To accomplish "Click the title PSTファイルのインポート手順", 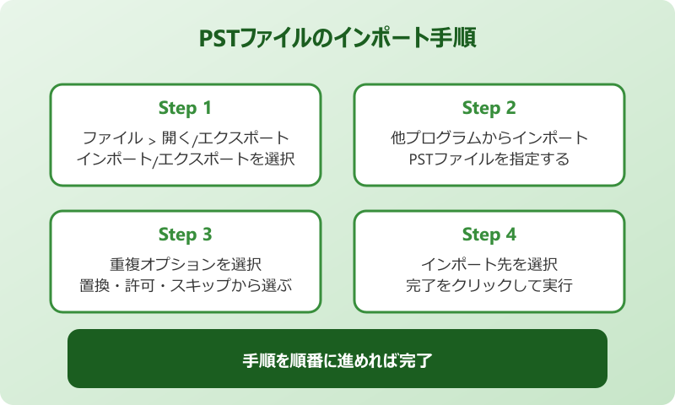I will [x=337, y=40].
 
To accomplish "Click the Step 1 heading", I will [x=185, y=108].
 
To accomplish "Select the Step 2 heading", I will [x=489, y=108].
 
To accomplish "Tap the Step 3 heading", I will [x=185, y=235].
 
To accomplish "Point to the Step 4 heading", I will [x=489, y=235].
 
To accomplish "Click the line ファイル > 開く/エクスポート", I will [x=186, y=138].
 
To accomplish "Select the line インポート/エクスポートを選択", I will [x=186, y=159].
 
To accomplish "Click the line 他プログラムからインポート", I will [x=489, y=138].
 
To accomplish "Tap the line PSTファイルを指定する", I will [x=489, y=159].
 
